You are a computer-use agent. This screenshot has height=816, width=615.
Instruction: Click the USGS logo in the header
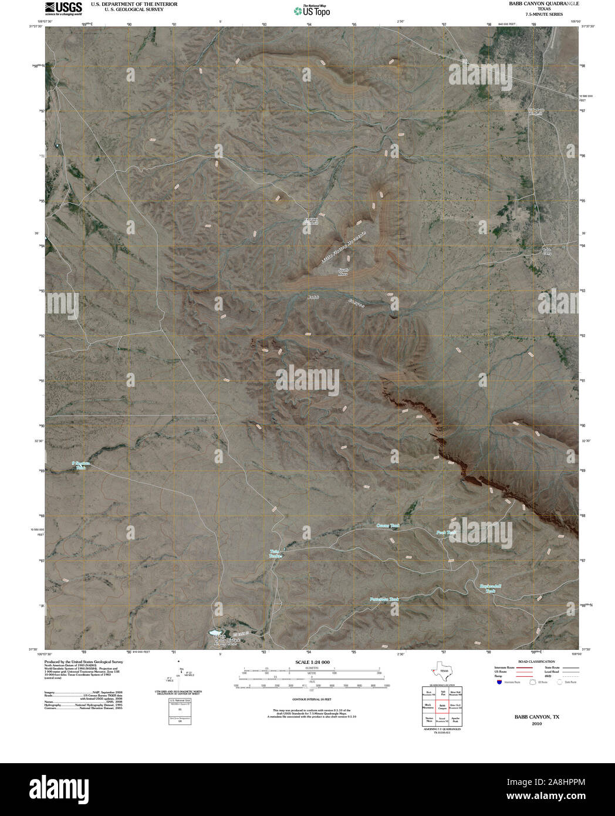tap(63, 8)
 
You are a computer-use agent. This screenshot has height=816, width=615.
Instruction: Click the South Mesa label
tap(343, 272)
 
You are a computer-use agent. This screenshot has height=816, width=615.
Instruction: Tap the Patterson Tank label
tap(384, 599)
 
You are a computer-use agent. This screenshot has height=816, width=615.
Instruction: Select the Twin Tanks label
tap(275, 554)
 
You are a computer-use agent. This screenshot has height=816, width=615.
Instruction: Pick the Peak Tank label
tap(447, 532)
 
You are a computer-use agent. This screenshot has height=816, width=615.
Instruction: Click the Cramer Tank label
tap(387, 526)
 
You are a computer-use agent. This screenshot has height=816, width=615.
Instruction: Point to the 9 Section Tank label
tap(82, 465)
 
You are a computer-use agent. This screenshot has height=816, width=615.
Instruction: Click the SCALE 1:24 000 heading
tap(312, 662)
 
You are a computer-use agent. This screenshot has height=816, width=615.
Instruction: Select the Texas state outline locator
tap(440, 672)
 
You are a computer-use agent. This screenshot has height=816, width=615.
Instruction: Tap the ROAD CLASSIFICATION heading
tap(533, 662)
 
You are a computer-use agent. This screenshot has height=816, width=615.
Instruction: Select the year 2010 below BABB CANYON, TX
tap(537, 724)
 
